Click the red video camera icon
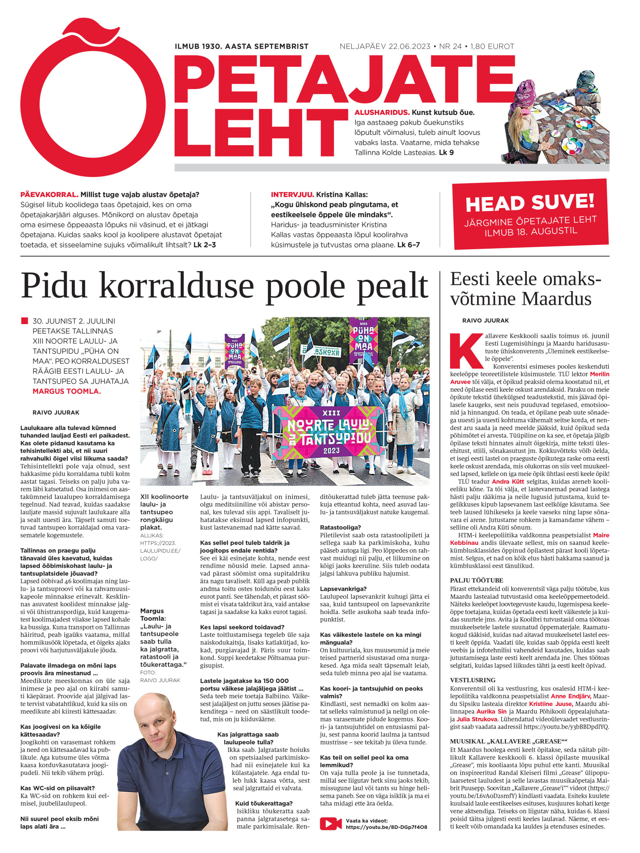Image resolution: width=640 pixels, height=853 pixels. [330, 824]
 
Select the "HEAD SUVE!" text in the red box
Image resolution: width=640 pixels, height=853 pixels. [530, 202]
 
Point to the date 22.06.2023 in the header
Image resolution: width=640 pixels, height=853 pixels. [409, 47]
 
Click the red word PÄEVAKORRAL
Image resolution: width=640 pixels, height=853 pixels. [49, 195]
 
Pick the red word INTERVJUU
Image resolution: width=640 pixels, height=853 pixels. [292, 195]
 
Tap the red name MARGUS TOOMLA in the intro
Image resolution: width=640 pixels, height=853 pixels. [67, 391]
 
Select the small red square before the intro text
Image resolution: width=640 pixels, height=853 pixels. [24, 321]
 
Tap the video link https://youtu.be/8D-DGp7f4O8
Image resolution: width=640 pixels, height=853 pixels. [386, 827]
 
